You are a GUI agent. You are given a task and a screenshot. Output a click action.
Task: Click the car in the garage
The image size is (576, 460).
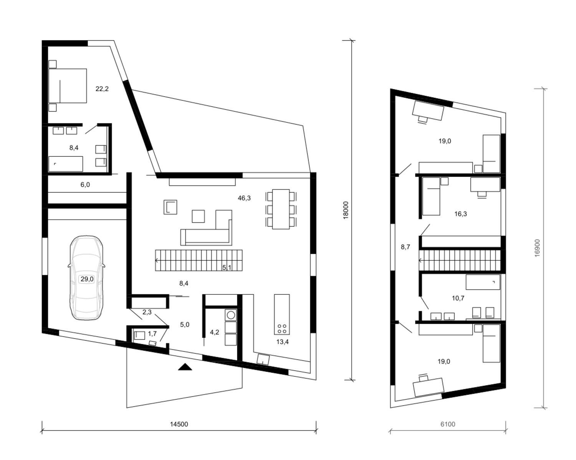coord(86,278)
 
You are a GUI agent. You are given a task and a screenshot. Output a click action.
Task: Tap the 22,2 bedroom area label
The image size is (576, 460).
coord(102,89)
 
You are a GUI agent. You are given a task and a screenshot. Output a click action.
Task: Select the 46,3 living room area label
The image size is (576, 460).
coord(244,198)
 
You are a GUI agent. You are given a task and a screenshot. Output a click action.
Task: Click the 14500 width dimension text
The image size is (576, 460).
coord(179,424)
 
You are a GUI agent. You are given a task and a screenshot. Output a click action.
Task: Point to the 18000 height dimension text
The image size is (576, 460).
coord(346,210)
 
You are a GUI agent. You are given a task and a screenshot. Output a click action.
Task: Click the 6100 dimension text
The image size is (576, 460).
coord(448,424)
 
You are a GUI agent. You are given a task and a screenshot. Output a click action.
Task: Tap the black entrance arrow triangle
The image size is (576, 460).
coord(185,367)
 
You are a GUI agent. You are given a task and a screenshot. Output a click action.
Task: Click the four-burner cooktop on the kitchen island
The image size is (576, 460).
coord(282,329)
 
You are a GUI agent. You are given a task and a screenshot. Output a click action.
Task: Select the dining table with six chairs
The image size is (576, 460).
coord(281,209)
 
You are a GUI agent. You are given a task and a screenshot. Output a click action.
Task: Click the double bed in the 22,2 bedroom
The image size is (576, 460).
coord(68,86)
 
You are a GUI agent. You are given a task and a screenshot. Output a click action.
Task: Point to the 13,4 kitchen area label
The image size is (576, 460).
coord(282,342)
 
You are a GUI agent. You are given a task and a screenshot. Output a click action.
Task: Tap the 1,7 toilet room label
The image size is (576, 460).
coord(152,333)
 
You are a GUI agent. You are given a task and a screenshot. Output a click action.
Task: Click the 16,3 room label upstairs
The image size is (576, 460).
coord(460,214)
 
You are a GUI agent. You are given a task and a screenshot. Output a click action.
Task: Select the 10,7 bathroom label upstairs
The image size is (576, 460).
coord(458,298)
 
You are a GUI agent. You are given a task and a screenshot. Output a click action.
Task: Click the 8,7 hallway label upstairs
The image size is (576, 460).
coord(405,247)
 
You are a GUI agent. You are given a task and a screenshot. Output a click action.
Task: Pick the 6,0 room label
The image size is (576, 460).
coord(85,185)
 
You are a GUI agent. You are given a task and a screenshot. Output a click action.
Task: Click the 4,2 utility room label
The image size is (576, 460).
coord(214,332)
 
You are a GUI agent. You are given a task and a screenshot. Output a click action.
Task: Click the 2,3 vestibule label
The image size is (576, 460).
coord(147,312)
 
